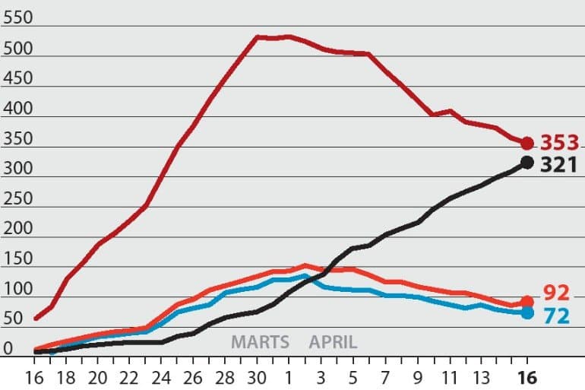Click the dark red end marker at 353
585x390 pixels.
tap(526, 143)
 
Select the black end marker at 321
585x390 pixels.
tap(526, 163)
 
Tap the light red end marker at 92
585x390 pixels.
tap(526, 302)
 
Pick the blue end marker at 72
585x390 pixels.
tap(526, 312)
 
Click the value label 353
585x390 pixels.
tap(560, 143)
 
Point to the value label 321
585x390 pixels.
tap(559, 164)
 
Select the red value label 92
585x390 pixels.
tap(556, 293)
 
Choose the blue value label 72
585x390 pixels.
tap(557, 316)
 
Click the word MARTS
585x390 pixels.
tap(260, 342)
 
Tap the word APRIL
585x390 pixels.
tap(333, 342)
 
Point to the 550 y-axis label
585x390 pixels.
tap(17, 17)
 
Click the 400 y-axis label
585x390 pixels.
tap(17, 108)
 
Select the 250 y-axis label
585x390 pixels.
tap(17, 198)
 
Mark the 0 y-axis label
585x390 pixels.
tap(8, 349)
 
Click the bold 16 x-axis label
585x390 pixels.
tap(527, 378)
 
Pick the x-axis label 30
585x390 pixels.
tap(257, 378)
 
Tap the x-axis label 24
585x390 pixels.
tap(161, 378)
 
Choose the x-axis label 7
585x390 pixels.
tap(385, 378)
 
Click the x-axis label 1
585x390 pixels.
tap(289, 378)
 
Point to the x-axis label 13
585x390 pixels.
tap(480, 378)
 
